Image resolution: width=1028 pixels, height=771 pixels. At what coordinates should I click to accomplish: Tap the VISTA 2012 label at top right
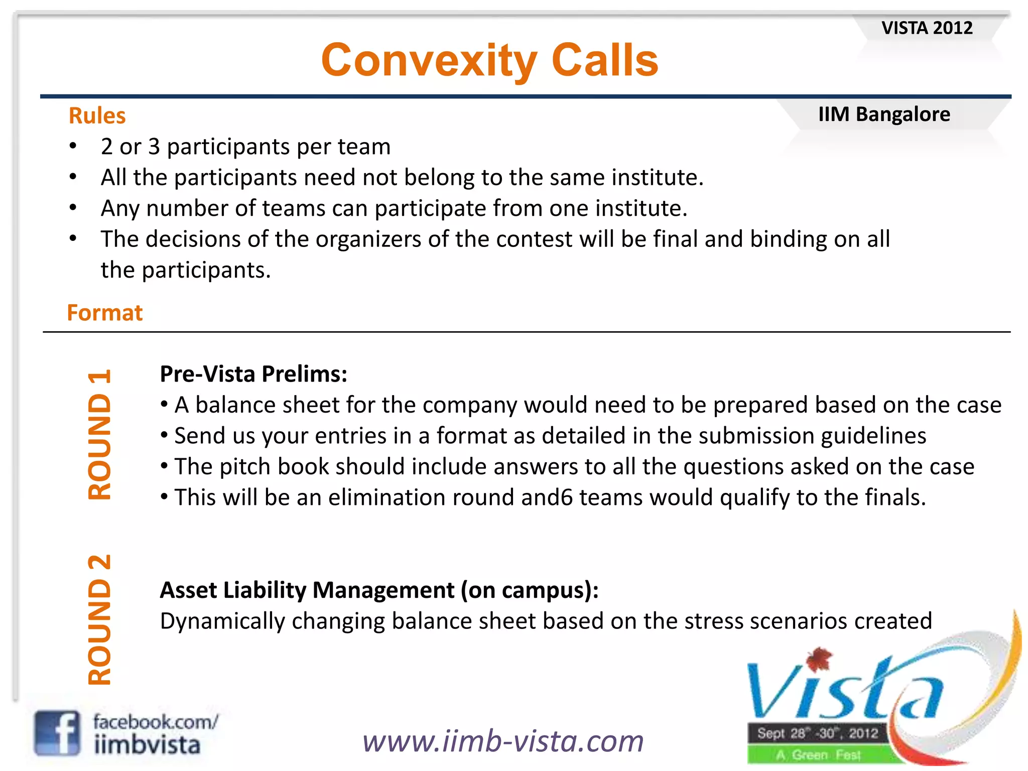(x=927, y=28)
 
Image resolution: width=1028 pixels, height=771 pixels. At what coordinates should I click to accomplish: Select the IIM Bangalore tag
(x=884, y=114)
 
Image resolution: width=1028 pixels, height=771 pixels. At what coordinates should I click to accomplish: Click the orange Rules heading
(x=97, y=115)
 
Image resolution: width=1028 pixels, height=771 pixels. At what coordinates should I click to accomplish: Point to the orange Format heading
(x=105, y=313)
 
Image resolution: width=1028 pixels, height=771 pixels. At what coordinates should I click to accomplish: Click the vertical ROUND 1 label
(x=99, y=434)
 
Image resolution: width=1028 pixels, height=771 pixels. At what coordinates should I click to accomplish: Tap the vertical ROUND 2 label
(x=99, y=620)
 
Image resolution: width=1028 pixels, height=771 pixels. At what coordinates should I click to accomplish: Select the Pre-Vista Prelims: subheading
(x=253, y=374)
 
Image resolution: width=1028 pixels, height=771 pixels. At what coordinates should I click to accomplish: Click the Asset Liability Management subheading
(x=379, y=590)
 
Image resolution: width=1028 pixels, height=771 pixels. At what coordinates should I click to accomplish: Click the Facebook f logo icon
(x=57, y=733)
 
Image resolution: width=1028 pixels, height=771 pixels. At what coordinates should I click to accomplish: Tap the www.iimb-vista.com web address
(x=503, y=741)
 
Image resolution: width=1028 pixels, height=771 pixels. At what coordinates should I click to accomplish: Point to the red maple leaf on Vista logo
(x=819, y=659)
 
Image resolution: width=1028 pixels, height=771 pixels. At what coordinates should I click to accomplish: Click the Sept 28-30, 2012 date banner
(x=817, y=733)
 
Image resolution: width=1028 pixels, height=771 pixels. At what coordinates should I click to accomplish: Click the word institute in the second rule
(x=657, y=178)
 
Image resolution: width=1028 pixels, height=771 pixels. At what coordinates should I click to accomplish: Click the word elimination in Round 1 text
(x=387, y=498)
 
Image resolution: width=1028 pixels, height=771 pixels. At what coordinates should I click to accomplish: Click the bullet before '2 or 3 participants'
(x=73, y=147)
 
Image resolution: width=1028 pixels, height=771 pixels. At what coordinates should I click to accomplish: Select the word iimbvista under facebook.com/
(x=147, y=745)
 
